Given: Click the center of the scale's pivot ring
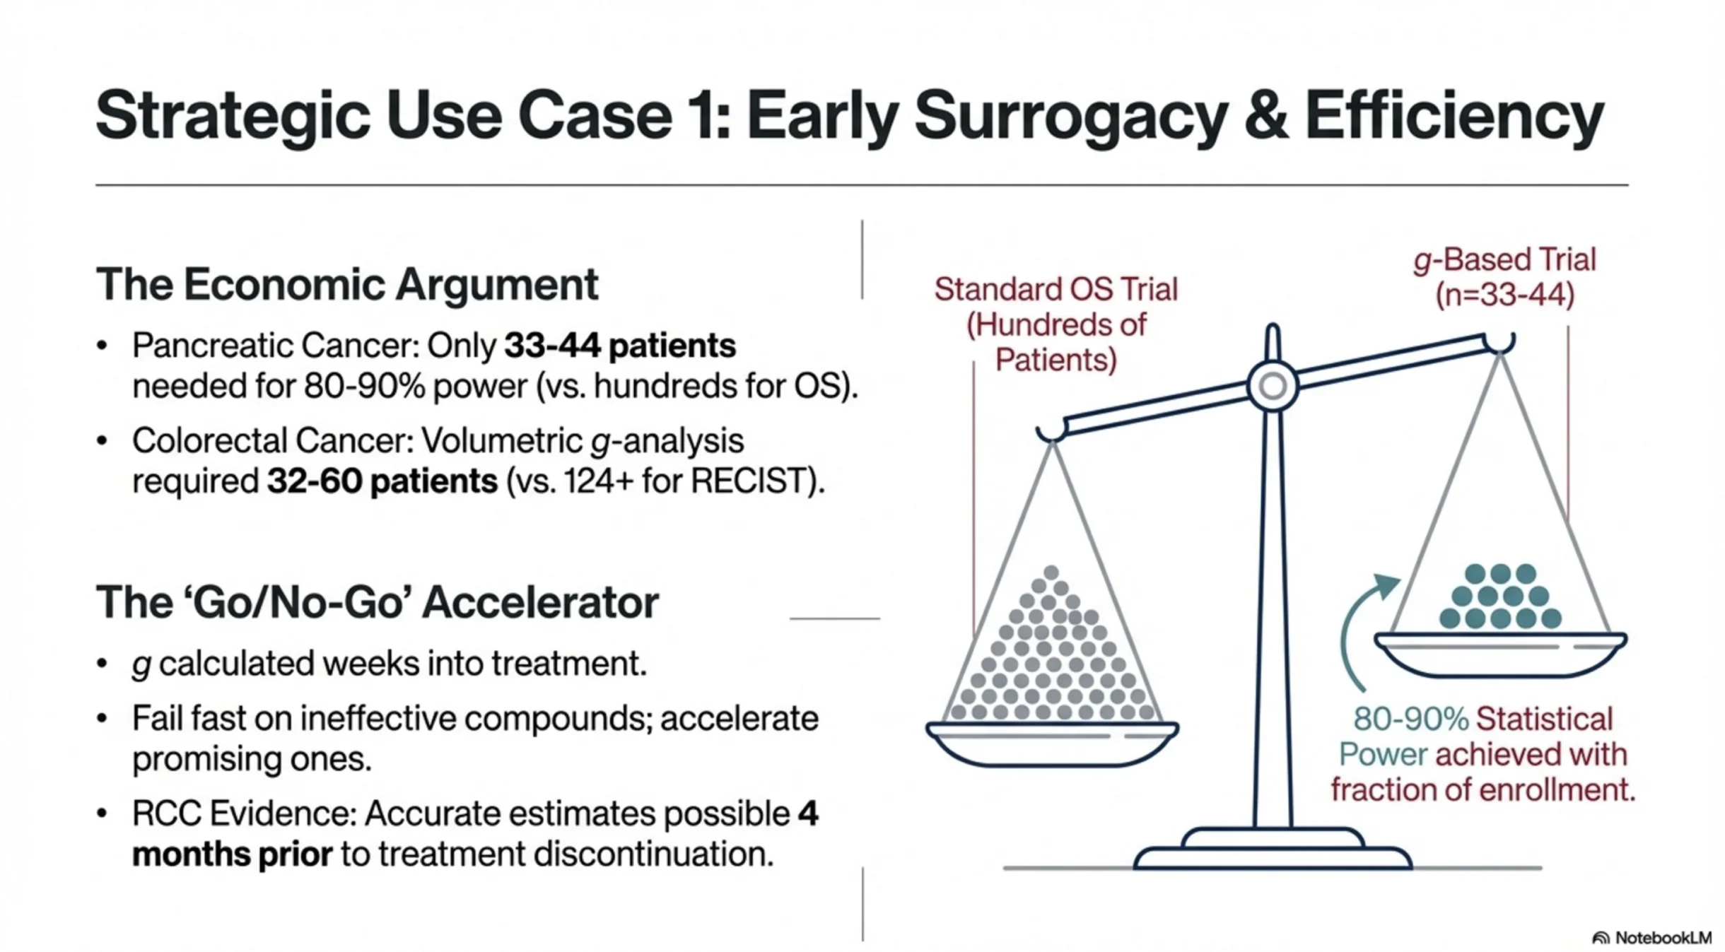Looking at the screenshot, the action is (1273, 386).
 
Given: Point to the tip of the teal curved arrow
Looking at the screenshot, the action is (1400, 580).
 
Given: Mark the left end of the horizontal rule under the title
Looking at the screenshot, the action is (96, 185).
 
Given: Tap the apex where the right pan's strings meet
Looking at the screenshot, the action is (1500, 353).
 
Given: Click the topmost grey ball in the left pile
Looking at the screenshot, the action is (1051, 572).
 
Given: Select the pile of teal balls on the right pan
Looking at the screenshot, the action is (1500, 597).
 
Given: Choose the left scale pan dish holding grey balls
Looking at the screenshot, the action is (1052, 744).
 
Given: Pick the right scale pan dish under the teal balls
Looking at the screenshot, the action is (1501, 654).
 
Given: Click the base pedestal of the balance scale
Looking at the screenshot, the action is (1273, 850).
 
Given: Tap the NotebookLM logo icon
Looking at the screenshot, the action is (1600, 938).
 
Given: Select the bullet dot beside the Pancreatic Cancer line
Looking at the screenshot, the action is (103, 346).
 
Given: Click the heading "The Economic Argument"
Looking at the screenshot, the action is (347, 284).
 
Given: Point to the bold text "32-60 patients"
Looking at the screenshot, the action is (382, 481).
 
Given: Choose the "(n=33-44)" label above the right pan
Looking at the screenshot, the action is (1505, 295).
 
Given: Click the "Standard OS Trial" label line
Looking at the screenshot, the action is (1056, 289).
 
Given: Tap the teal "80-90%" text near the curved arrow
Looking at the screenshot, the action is (1411, 719).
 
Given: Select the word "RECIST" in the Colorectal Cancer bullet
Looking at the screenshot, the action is (748, 481).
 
